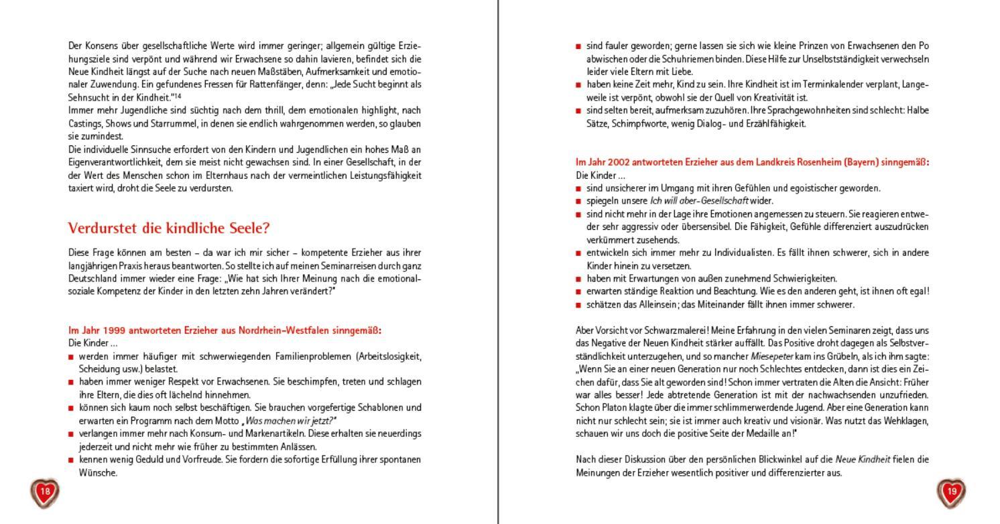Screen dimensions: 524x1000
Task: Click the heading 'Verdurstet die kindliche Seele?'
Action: pos(168,228)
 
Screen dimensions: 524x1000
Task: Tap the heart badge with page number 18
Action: pos(45,492)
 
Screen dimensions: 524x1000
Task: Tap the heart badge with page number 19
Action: pos(952,492)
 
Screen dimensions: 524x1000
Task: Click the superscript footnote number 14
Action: pos(179,95)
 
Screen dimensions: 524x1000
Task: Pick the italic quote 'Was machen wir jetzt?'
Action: pos(290,421)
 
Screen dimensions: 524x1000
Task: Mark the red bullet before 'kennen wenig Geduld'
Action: pos(71,460)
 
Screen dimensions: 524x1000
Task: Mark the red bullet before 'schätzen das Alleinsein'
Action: pos(578,305)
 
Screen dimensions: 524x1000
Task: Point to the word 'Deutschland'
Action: pos(92,278)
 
